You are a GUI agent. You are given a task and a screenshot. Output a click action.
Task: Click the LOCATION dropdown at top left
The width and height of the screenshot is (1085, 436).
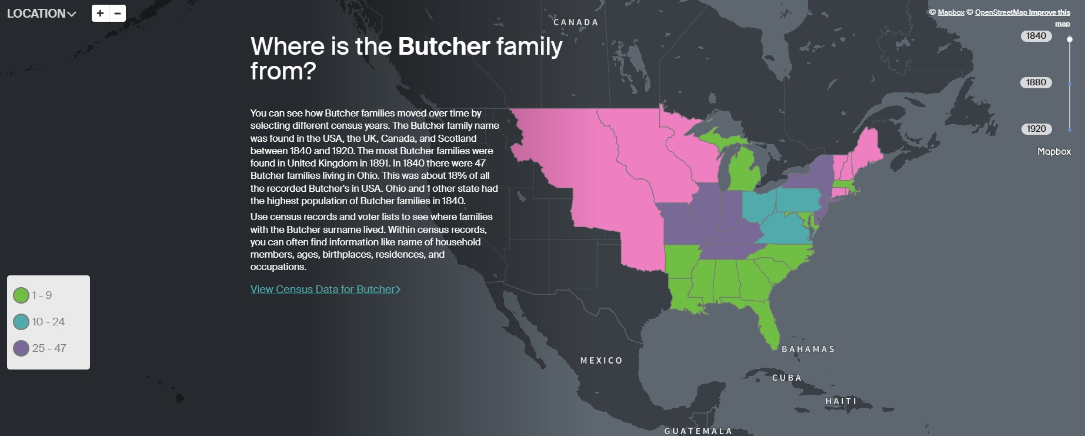coord(41,14)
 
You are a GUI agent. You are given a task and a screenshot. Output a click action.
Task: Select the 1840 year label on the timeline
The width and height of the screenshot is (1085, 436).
coord(1036,36)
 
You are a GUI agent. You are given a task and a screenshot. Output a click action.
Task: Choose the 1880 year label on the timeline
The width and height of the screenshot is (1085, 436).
coord(1036,82)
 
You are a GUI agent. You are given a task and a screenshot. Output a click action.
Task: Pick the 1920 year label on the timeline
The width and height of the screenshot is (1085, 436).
coord(1036,129)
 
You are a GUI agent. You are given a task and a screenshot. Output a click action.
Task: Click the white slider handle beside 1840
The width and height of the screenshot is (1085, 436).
coord(1070,39)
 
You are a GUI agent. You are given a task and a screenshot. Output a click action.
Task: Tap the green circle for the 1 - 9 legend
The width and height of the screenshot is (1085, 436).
coord(21,295)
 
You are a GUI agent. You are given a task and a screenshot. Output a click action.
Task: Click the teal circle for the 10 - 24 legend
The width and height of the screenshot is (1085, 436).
coord(21,322)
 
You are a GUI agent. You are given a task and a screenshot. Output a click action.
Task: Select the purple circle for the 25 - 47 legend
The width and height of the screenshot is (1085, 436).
coord(21,348)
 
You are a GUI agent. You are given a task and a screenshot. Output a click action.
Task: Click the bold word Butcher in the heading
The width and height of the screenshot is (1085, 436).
coord(444,46)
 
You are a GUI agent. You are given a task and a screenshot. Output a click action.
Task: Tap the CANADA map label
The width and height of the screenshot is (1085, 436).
coord(576,22)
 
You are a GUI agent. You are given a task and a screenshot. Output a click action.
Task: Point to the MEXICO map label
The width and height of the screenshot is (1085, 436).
coord(601,361)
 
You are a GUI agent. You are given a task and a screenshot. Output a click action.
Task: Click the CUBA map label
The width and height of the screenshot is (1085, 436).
coord(786,378)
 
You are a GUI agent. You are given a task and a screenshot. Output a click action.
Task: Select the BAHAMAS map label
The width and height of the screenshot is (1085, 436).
coord(807,350)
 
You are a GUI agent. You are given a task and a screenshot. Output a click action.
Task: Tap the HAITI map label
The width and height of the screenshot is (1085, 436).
coord(841,401)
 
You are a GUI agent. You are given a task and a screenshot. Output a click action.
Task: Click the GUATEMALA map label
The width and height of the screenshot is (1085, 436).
coord(698,431)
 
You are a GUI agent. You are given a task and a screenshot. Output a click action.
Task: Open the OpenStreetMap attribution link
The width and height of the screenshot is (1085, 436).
coord(1000,12)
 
